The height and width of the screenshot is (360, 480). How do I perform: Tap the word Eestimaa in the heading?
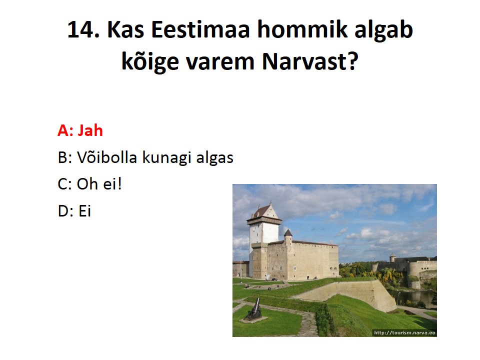(200, 29)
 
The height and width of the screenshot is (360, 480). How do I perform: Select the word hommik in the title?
(302, 29)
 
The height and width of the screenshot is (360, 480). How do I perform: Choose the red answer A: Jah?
(80, 130)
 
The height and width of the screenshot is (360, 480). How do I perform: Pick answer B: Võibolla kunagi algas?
(145, 157)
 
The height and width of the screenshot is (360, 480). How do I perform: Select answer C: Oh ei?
(89, 184)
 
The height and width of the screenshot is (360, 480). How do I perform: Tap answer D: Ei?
(74, 211)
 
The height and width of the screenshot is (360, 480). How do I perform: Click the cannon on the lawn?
(254, 310)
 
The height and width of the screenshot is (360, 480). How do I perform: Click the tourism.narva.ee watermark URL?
(404, 333)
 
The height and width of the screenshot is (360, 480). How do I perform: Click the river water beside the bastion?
(412, 297)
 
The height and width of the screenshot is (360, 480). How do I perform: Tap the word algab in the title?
(384, 29)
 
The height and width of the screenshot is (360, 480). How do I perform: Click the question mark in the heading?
(353, 60)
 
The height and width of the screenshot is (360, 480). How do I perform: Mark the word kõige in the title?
(150, 61)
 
